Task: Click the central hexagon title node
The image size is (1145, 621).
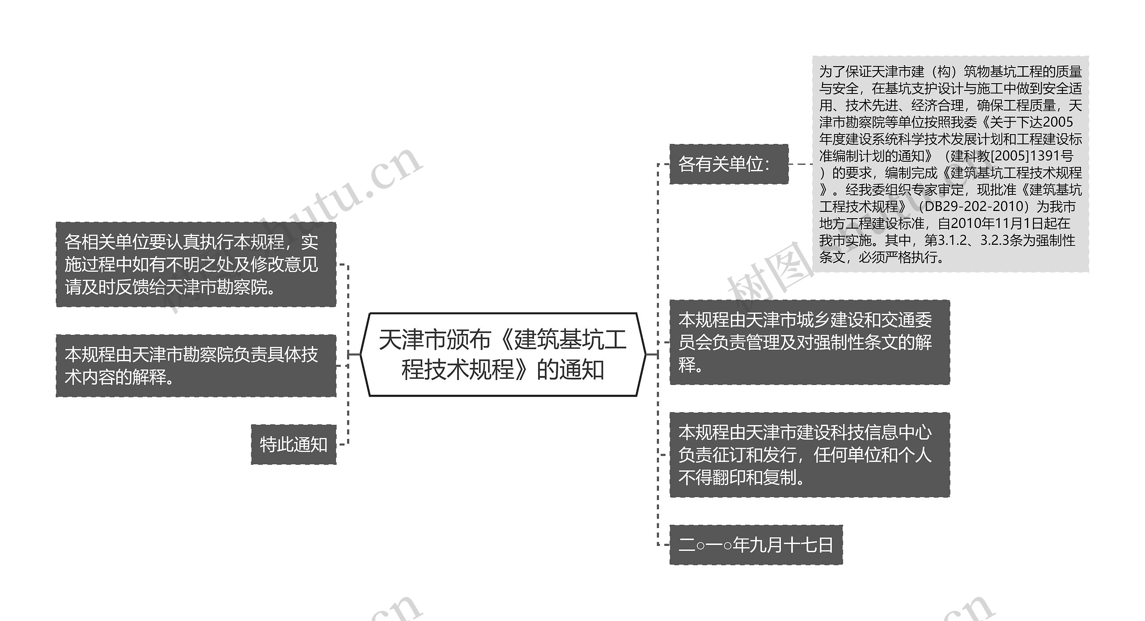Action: [503, 354]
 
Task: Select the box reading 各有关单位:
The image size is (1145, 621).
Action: [729, 164]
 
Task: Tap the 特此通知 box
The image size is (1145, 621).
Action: [293, 444]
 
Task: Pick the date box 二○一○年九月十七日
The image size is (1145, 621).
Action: [756, 545]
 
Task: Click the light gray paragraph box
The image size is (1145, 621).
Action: [950, 164]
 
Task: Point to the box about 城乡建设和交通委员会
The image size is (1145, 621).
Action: [809, 342]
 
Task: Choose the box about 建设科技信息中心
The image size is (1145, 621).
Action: [809, 455]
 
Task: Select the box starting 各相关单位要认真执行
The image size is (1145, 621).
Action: [196, 264]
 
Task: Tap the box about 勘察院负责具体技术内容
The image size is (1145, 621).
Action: [196, 365]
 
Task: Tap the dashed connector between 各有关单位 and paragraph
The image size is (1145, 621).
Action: [801, 164]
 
